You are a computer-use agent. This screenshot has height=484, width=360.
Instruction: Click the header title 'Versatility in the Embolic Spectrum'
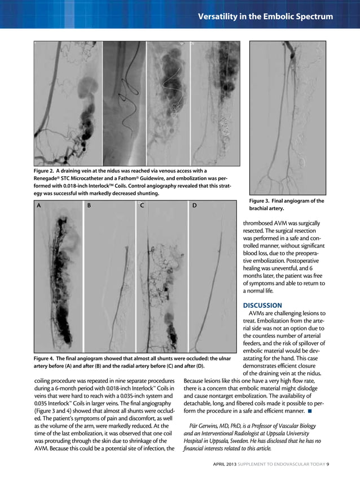[x=265, y=16]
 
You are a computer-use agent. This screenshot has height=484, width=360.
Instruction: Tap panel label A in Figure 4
[x=38, y=206]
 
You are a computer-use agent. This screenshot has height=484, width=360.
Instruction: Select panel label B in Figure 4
[x=89, y=206]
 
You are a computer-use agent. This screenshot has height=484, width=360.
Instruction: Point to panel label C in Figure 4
[x=142, y=206]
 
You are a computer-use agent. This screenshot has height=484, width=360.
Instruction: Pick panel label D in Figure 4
[x=194, y=206]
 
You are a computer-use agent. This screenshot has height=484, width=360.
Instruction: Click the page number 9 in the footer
[x=328, y=464]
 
